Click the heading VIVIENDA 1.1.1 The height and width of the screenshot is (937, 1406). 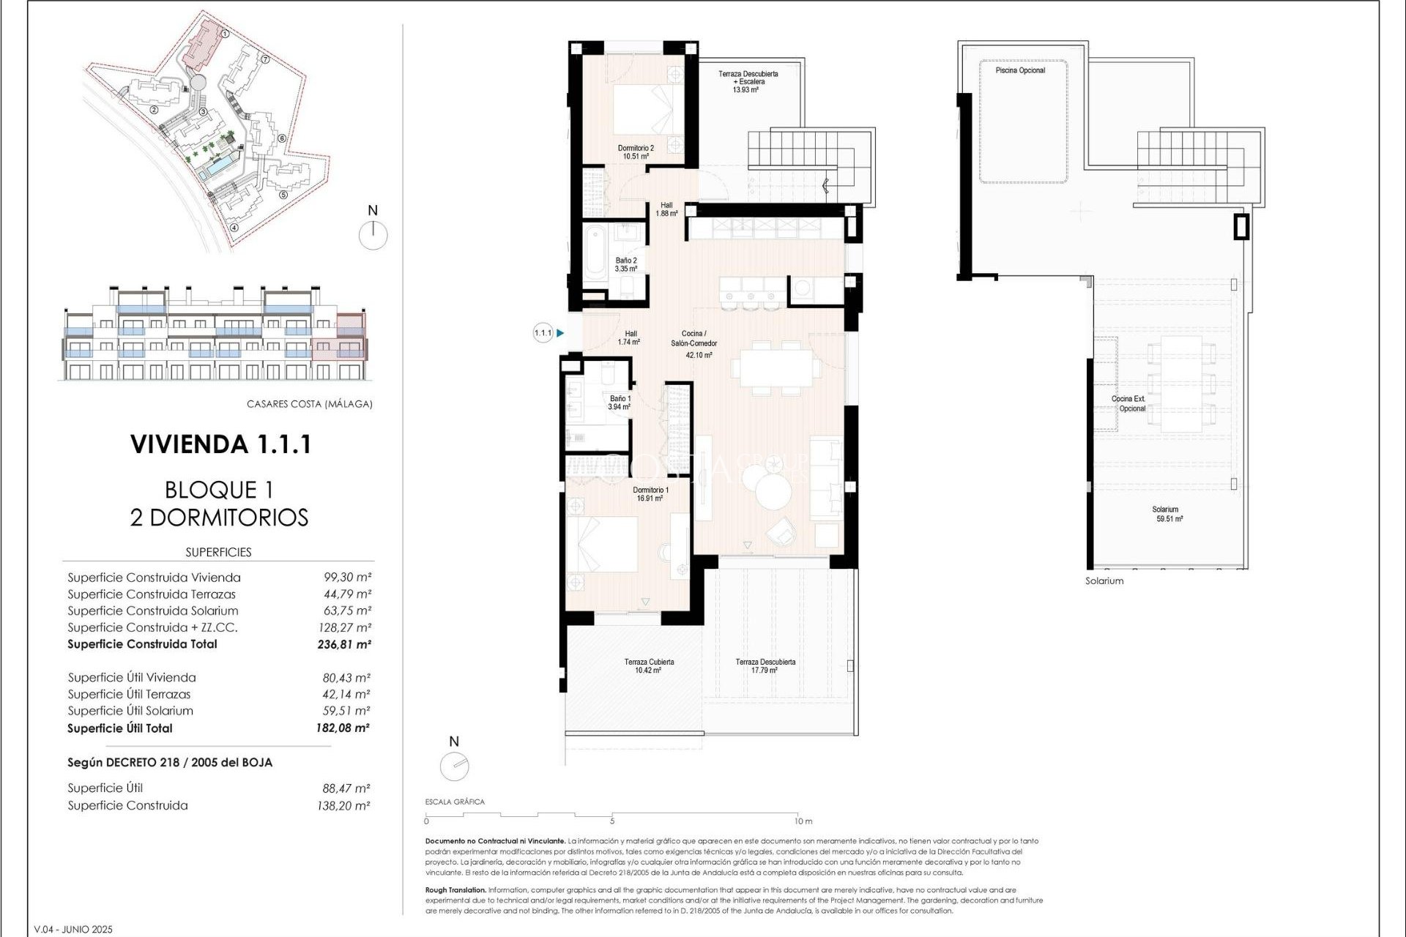(x=220, y=444)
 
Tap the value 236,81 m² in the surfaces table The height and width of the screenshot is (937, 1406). (x=343, y=645)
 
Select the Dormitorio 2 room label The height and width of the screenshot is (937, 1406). (x=636, y=152)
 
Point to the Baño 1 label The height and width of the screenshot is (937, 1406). (x=620, y=403)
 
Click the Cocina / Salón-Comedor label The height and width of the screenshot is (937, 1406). (x=693, y=343)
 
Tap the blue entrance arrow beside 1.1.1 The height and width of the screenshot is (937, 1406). (x=560, y=333)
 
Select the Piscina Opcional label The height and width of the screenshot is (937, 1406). (x=1020, y=70)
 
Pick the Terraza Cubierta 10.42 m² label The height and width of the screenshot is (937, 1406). (x=649, y=665)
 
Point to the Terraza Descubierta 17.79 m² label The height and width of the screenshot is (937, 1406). (x=765, y=665)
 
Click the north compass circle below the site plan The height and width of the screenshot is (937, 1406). (x=373, y=236)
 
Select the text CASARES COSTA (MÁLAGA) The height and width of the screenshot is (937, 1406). (x=309, y=404)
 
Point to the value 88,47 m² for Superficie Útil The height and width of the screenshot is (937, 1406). (x=346, y=788)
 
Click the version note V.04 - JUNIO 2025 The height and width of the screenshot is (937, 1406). (x=73, y=930)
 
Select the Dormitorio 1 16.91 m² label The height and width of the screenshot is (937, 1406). (x=650, y=494)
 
